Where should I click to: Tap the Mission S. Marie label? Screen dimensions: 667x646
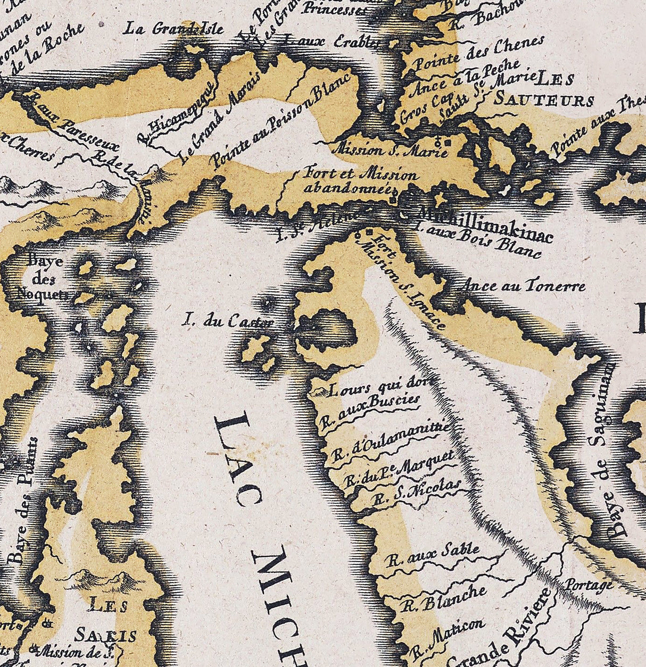(x=390, y=149)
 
